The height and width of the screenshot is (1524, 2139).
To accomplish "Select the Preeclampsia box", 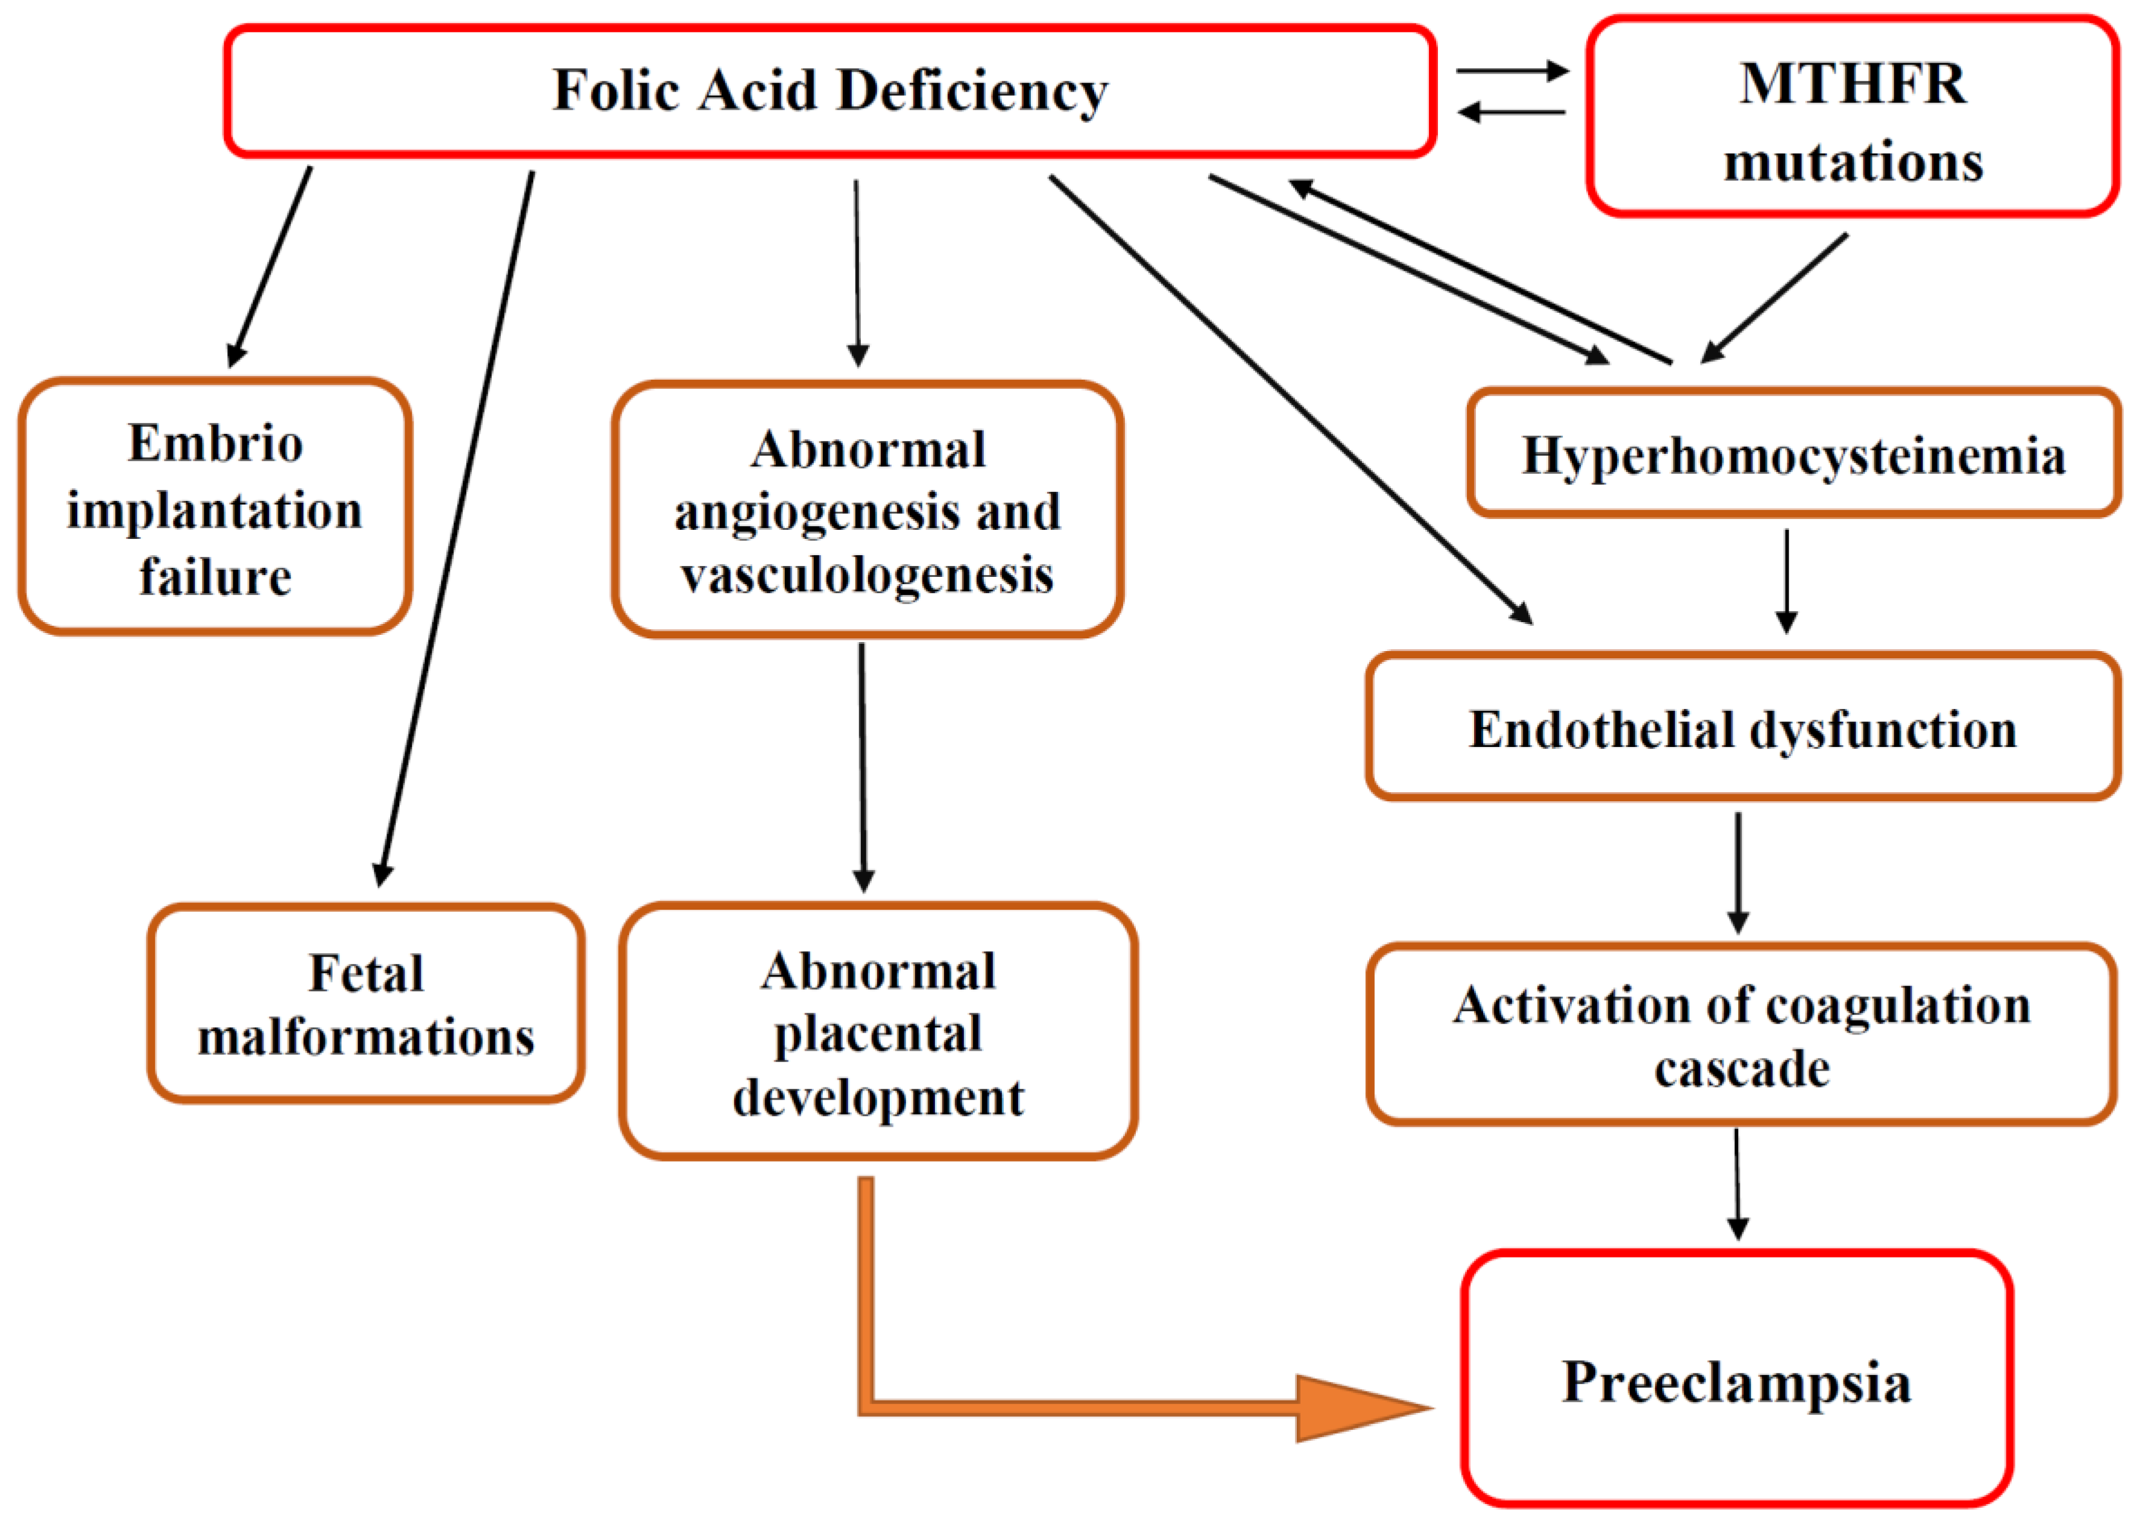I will pos(1736,1381).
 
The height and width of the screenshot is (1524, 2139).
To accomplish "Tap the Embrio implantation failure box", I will pos(215,508).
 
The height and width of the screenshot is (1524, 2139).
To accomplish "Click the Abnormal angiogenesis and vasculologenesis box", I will pos(868,511).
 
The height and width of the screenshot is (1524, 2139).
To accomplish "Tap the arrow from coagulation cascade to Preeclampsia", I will pos(1737,1184).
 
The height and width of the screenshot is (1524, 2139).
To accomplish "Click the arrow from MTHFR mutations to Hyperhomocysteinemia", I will pos(1774,298).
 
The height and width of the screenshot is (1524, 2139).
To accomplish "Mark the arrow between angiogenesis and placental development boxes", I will pos(863,766).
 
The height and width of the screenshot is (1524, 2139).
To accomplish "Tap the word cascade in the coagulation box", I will pos(1742,1069).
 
